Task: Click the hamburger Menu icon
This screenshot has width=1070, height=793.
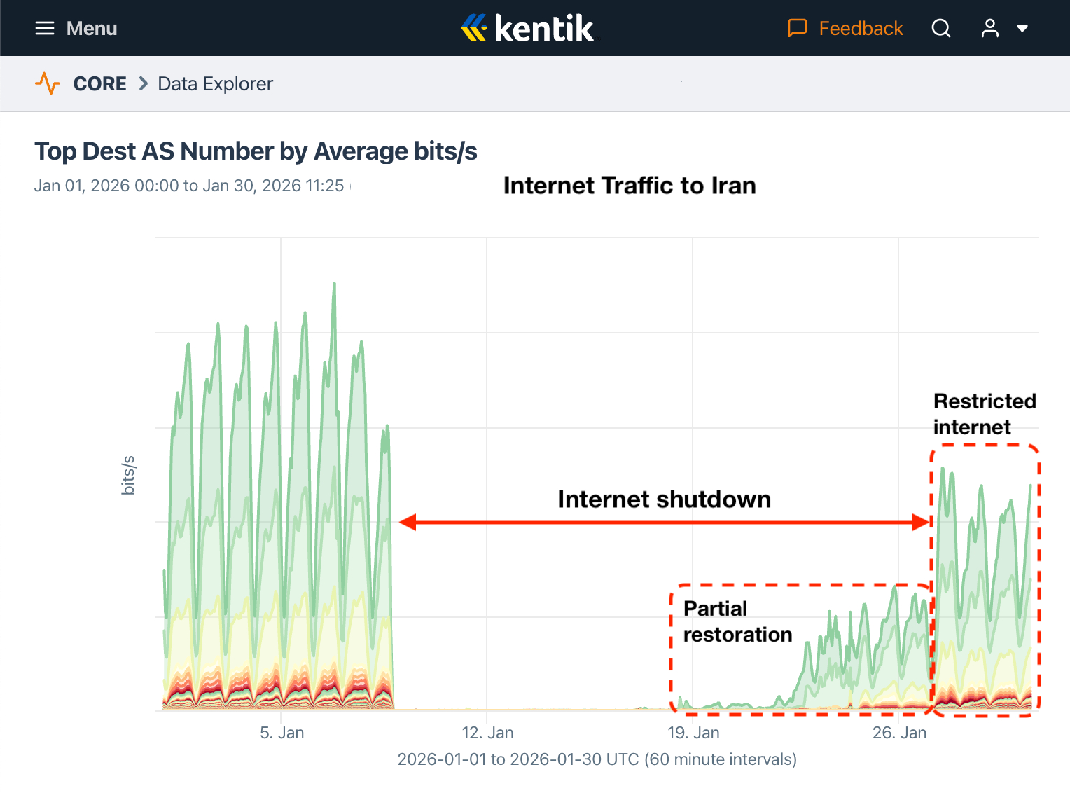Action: point(45,28)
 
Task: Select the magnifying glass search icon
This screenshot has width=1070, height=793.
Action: point(941,28)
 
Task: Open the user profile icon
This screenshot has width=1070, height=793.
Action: point(989,28)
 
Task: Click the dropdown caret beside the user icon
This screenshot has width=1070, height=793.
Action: point(1022,29)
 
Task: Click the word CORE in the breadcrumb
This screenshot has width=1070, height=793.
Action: point(99,83)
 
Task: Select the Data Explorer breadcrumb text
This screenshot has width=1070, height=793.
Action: point(215,83)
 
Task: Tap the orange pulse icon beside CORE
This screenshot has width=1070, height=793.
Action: point(48,83)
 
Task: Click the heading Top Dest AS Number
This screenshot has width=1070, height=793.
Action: point(256,151)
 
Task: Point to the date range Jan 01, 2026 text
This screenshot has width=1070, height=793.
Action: point(189,186)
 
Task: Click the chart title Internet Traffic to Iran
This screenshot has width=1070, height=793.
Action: point(630,186)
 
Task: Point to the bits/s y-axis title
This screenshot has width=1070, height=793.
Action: point(128,475)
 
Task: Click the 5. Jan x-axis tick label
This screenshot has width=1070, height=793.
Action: point(282,733)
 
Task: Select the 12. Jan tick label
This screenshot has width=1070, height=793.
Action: point(487,733)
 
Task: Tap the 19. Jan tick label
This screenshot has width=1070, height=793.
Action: point(693,733)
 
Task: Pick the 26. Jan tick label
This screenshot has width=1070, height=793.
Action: point(899,733)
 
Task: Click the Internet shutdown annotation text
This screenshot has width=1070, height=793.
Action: point(664,499)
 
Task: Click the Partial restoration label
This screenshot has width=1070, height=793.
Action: point(737,621)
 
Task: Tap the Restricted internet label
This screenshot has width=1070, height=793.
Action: point(984,414)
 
